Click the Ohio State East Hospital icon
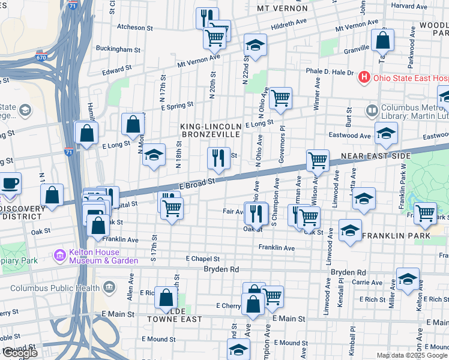coord(364,77)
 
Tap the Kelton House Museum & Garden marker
coord(60,256)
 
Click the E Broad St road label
coord(197,181)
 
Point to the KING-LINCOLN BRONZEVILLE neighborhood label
coord(211,131)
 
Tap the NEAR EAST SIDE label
coord(375,156)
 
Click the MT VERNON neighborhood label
coord(282,8)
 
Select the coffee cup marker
coord(10,183)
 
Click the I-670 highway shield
coord(41,58)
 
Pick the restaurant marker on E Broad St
coord(218,159)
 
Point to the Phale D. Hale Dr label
coord(330,71)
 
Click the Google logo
coord(19,353)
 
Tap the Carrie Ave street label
coord(367,282)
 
